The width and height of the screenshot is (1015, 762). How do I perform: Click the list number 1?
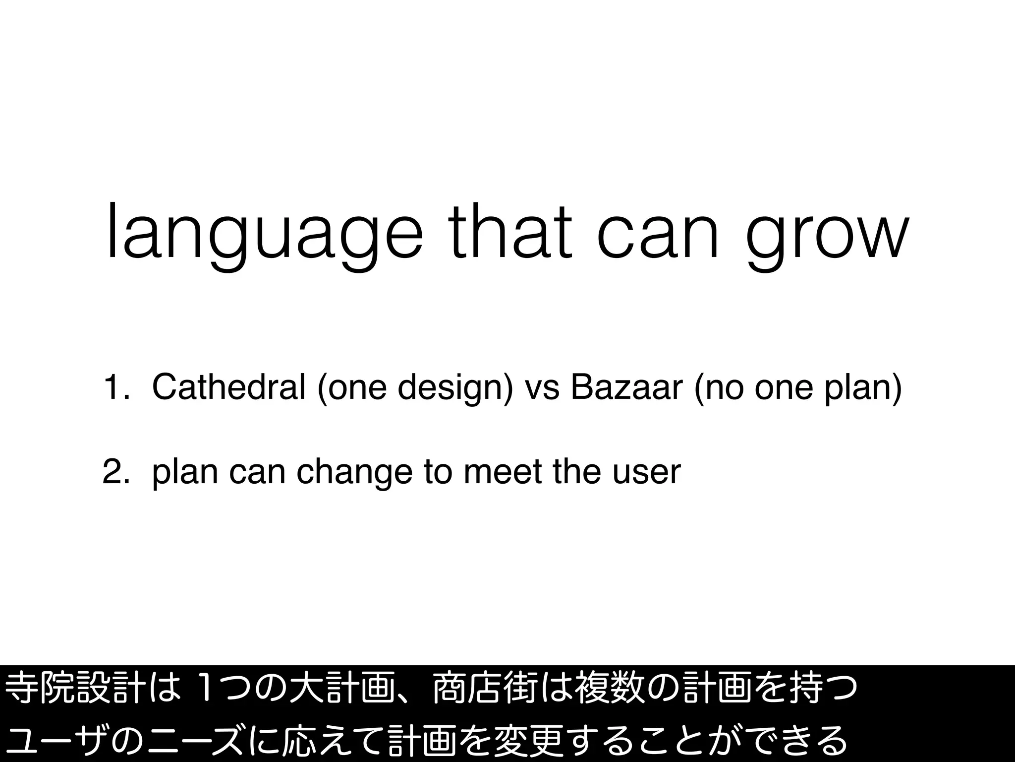pos(112,388)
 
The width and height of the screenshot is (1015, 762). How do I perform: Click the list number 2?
pos(112,472)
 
